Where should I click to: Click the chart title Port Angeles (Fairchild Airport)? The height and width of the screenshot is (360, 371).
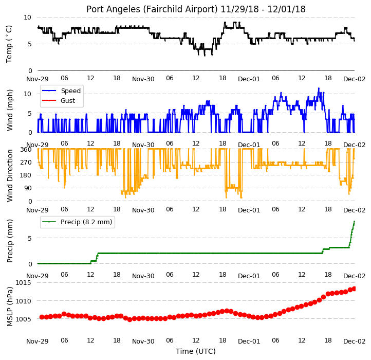coord(152,9)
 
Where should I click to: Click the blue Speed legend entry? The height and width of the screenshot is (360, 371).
coord(61,91)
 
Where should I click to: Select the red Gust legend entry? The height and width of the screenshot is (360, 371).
coord(59,100)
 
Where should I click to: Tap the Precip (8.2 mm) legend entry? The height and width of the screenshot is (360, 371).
coord(77,222)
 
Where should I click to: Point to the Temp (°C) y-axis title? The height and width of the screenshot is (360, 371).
coord(9,44)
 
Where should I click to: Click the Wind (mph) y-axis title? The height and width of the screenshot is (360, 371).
coord(9,110)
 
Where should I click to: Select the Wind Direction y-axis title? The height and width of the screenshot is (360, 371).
coord(9,175)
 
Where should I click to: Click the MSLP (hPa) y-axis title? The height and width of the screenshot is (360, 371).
coord(9,307)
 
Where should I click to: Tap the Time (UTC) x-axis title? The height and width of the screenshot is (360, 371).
coord(196,351)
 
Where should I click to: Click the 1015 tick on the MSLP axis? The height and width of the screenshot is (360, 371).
coord(24,282)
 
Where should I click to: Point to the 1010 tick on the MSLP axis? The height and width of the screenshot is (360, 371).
coord(24,301)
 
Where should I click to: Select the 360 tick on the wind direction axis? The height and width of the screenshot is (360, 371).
coord(26,150)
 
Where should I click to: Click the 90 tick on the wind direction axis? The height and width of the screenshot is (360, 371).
coord(28,188)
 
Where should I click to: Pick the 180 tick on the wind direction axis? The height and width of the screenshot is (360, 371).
coord(26,175)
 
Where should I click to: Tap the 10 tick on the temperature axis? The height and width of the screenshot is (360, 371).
coord(27,17)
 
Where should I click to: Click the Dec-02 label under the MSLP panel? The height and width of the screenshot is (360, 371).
coord(354,341)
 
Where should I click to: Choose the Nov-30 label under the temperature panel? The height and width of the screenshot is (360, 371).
coord(143,79)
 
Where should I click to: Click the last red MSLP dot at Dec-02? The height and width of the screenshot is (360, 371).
coord(354,289)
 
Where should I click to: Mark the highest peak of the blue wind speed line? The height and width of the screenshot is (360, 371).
coord(319,88)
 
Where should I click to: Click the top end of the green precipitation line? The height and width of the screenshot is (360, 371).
coord(354,221)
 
